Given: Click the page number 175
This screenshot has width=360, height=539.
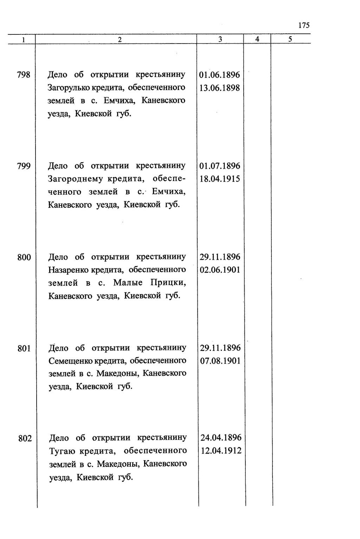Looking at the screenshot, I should pyautogui.click(x=304, y=25).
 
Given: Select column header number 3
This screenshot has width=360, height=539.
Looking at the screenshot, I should pyautogui.click(x=220, y=40).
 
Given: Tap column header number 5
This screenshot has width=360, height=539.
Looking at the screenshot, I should pyautogui.click(x=290, y=40).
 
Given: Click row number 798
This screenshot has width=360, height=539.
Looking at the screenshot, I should pyautogui.click(x=24, y=75).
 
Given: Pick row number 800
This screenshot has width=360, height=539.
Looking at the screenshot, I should pyautogui.click(x=24, y=258).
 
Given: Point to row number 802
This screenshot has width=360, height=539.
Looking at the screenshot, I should pyautogui.click(x=25, y=439).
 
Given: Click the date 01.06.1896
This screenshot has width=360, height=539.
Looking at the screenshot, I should pyautogui.click(x=219, y=75).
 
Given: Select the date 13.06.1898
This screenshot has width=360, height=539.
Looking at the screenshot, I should pyautogui.click(x=219, y=88).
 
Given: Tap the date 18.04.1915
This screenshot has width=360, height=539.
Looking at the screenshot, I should pyautogui.click(x=220, y=179).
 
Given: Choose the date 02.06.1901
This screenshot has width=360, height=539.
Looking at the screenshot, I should pyautogui.click(x=220, y=270).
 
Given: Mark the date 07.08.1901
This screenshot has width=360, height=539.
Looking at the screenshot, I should pyautogui.click(x=220, y=361).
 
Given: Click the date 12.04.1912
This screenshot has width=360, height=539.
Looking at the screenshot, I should pyautogui.click(x=221, y=451).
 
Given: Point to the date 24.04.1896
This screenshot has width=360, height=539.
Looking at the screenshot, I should pyautogui.click(x=221, y=438).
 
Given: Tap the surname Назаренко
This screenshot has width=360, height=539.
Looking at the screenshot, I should pyautogui.click(x=69, y=270).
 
